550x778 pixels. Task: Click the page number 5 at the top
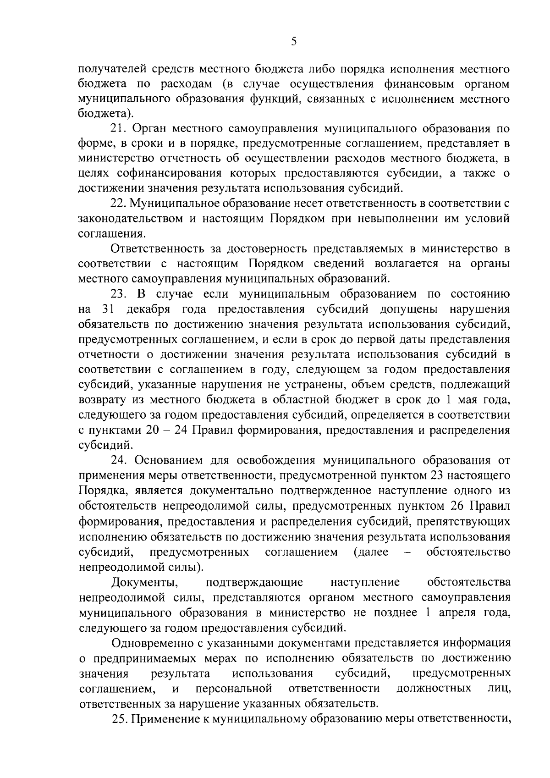tap(294, 42)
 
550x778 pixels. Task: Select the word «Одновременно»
tap(154, 643)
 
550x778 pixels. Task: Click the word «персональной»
tap(234, 688)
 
